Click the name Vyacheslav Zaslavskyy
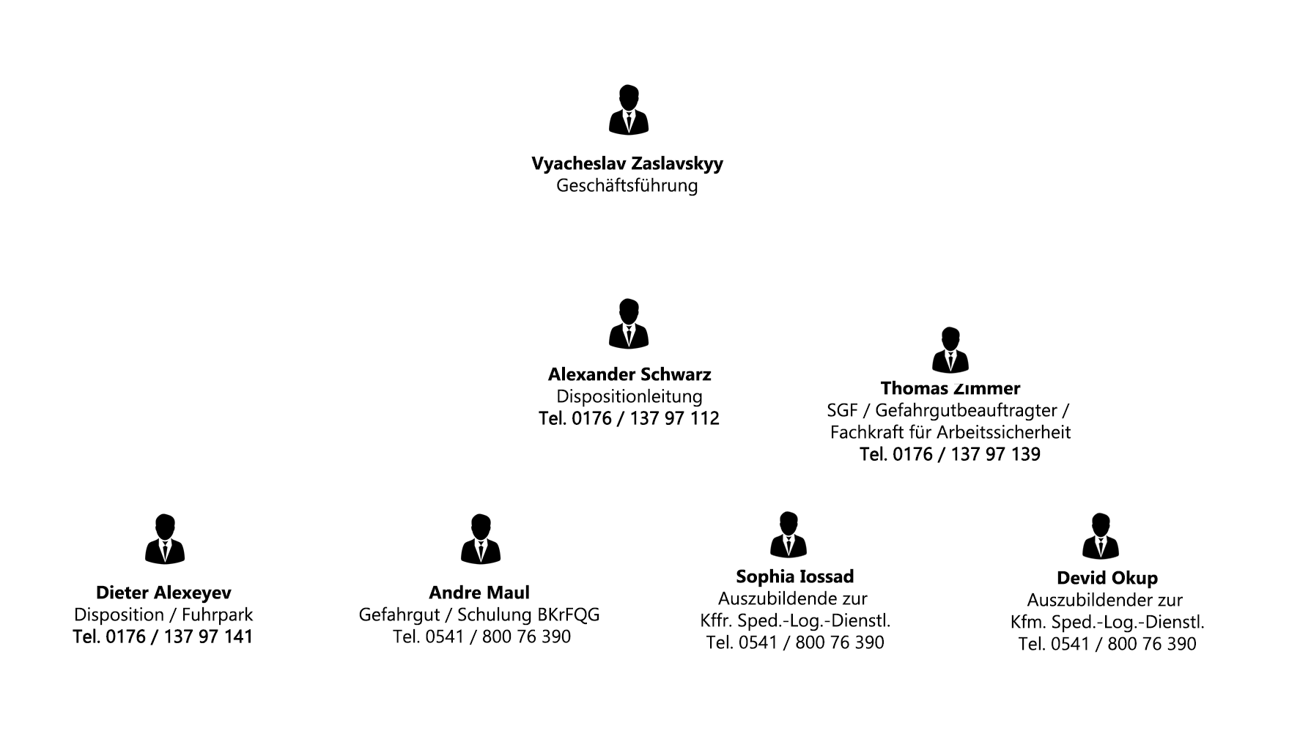tap(627, 163)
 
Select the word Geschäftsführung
tap(627, 186)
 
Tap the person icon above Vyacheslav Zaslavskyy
tap(628, 111)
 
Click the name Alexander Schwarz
tap(629, 375)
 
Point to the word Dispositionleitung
tap(629, 397)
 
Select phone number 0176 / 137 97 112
tap(629, 419)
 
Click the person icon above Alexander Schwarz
tap(628, 324)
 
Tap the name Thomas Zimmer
tap(950, 388)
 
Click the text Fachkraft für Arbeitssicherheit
tap(950, 433)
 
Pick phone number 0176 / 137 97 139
tap(950, 455)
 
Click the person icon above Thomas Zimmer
tap(950, 351)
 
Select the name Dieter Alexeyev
tap(163, 593)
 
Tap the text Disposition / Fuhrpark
tap(163, 615)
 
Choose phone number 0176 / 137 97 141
tap(163, 637)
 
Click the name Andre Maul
tap(479, 593)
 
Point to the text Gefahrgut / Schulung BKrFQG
tap(479, 615)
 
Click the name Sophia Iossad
tap(795, 577)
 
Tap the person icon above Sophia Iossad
tap(789, 535)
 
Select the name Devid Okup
tap(1107, 579)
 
